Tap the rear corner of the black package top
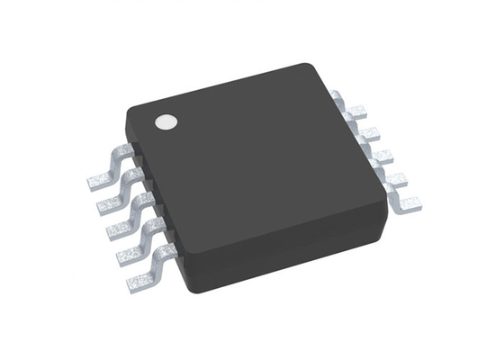pos(306,68)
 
